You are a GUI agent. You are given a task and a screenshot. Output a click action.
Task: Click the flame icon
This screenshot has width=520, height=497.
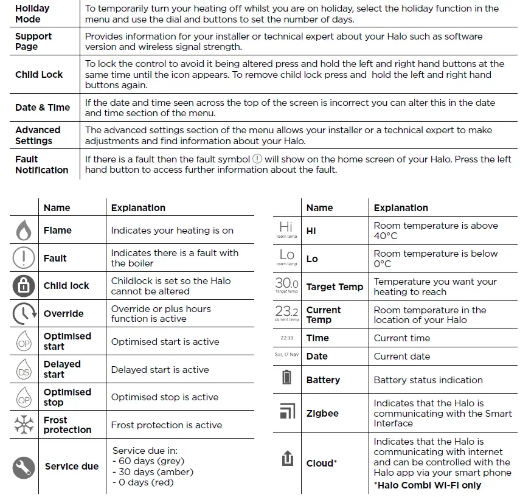pos(23,231)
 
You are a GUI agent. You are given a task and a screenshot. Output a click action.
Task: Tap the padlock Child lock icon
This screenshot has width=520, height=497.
pos(24,286)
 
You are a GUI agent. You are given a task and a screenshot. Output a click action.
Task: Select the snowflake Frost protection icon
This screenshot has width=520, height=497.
pos(23,425)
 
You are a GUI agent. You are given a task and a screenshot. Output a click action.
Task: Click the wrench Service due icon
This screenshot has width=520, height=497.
pos(24,467)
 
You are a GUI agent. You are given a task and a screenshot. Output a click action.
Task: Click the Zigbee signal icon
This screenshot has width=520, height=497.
pos(286,412)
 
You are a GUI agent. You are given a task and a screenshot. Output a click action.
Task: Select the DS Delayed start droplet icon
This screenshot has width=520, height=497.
pos(23,369)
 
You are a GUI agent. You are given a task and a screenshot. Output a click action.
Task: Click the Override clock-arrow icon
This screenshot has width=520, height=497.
pos(23,314)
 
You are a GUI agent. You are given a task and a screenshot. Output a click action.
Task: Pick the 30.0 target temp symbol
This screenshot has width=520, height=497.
pos(286,285)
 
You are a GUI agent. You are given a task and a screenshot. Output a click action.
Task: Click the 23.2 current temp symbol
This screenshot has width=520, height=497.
pos(286,313)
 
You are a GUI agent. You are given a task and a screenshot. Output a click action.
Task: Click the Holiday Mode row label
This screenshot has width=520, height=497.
pos(32,14)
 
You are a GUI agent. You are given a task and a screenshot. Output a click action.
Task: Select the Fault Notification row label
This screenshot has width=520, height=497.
pos(41,165)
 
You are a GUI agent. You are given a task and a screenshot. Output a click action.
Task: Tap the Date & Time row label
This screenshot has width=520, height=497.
pos(43,108)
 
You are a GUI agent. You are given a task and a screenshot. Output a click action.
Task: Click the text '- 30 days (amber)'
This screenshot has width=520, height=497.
pos(153,472)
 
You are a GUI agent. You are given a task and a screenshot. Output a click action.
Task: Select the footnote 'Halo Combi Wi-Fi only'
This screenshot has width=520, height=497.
pos(427,485)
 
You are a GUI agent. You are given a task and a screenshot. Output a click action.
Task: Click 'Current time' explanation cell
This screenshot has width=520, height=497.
pos(401,338)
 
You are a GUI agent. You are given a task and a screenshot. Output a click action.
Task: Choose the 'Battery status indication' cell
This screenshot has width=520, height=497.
pos(428,380)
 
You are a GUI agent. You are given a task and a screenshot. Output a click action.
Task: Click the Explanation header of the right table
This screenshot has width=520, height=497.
pos(400,207)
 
